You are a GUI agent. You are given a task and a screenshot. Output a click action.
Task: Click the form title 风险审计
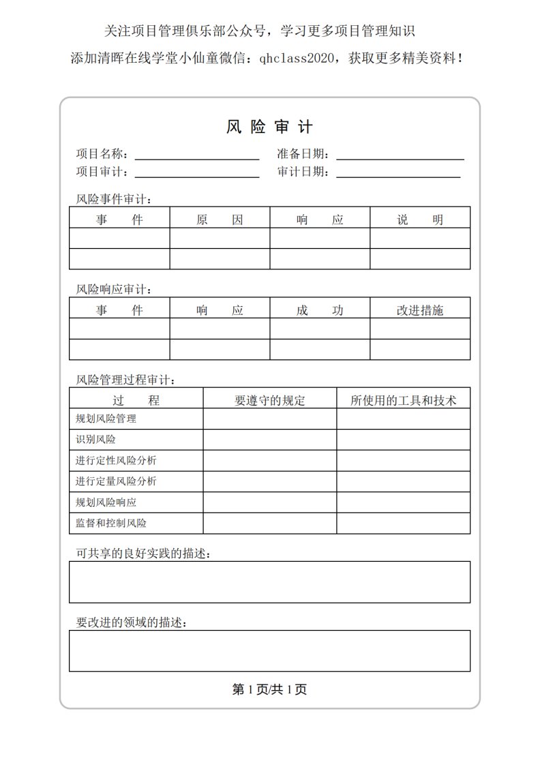click(x=269, y=127)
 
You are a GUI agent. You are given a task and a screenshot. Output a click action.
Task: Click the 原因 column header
click(x=220, y=220)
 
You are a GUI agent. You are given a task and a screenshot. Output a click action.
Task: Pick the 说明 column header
click(x=420, y=220)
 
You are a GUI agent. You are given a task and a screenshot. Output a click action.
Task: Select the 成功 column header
click(x=320, y=310)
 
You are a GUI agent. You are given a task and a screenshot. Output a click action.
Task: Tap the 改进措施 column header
click(x=420, y=310)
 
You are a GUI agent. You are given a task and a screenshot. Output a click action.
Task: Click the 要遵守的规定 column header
click(x=270, y=400)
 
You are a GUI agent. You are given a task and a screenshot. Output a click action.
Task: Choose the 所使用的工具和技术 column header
click(x=403, y=400)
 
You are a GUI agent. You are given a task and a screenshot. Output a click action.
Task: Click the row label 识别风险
click(x=95, y=440)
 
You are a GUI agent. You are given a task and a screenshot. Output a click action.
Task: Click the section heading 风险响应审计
click(x=114, y=289)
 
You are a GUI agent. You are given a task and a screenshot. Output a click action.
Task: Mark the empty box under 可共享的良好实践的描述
click(x=269, y=582)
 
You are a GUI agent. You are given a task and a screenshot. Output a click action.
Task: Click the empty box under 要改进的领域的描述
click(x=269, y=650)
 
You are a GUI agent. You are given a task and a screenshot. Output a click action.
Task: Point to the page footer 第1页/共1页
click(x=269, y=689)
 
